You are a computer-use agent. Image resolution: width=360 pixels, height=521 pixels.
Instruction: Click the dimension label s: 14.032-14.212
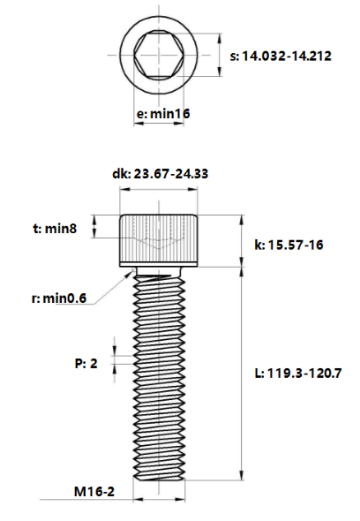(x=281, y=56)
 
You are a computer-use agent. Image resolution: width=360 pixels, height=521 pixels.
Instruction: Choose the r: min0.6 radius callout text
(x=58, y=298)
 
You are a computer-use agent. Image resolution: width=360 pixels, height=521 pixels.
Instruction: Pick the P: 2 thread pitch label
(x=86, y=363)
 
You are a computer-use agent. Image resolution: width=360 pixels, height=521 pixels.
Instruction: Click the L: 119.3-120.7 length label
(x=297, y=374)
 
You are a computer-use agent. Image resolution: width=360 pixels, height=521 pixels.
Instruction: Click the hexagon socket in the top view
(x=159, y=58)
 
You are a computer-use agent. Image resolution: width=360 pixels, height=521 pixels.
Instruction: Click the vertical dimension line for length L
(x=242, y=374)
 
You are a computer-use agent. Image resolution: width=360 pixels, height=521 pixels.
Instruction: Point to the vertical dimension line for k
(x=242, y=239)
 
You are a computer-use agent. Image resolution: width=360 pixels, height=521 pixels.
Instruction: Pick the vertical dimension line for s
(x=218, y=58)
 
